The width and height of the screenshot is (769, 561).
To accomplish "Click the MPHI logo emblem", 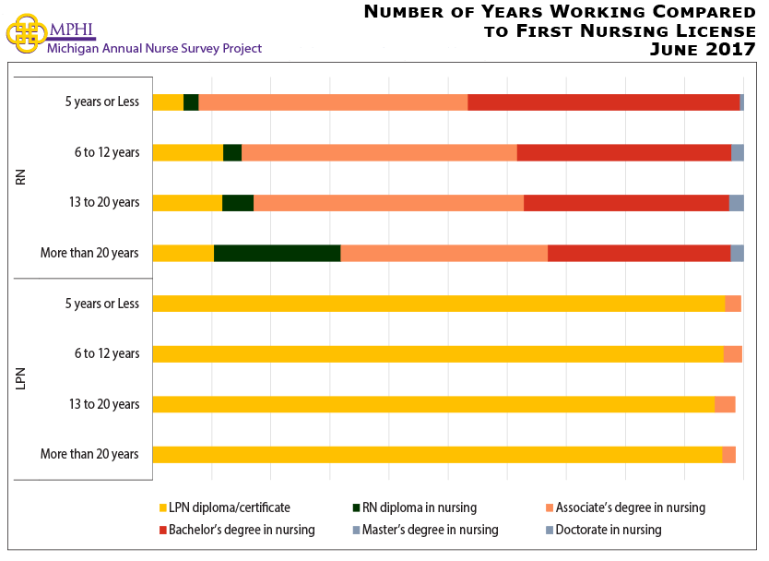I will [x=26, y=32].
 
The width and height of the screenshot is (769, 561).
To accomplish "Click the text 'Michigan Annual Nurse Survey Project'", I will [x=154, y=48].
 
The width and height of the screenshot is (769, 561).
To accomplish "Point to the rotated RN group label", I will [x=21, y=176].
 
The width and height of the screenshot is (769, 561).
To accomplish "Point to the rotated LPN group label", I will [x=21, y=378].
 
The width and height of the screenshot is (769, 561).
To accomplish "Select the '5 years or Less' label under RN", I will [x=101, y=101].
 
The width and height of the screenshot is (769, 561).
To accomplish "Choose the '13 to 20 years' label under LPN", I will [x=101, y=404].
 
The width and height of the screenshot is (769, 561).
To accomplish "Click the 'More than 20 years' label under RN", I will [x=89, y=253].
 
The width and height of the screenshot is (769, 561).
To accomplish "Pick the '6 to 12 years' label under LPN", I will [x=106, y=353].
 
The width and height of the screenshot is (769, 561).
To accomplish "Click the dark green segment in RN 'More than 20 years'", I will [x=277, y=253].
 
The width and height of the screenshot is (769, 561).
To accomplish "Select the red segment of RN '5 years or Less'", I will [x=603, y=101].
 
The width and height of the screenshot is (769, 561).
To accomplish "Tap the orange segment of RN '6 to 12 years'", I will [x=379, y=152].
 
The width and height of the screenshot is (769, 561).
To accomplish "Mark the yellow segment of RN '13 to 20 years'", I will [x=187, y=203].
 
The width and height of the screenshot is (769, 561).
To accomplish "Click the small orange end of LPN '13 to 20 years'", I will [x=725, y=404].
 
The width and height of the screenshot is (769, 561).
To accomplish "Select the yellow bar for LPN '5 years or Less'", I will [x=438, y=304].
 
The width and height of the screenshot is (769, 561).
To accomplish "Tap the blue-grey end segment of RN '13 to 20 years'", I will [x=736, y=203].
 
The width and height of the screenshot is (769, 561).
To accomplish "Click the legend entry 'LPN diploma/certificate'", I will [x=229, y=507].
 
